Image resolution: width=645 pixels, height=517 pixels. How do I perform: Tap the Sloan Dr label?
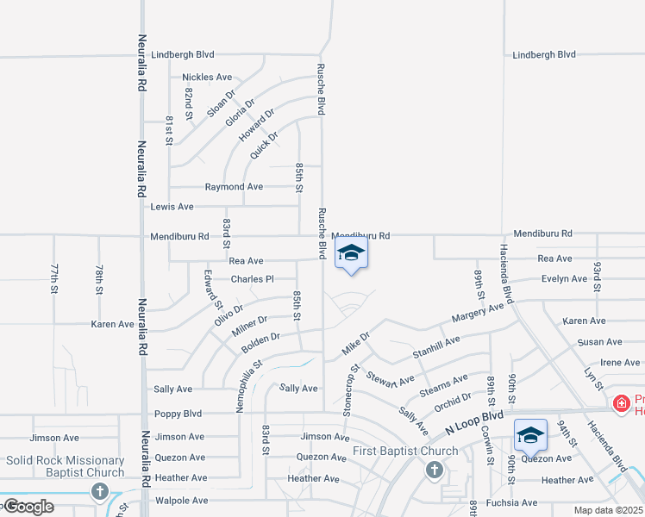point(221,103)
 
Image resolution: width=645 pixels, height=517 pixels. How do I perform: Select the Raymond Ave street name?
point(234,187)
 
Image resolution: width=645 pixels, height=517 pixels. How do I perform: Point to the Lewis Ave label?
point(172,207)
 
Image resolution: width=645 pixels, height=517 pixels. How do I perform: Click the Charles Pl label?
point(252,279)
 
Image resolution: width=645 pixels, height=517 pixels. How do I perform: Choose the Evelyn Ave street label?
point(564,279)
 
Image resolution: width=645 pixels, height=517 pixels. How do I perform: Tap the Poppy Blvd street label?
point(178,414)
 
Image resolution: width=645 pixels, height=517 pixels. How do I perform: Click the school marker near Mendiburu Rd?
point(351,254)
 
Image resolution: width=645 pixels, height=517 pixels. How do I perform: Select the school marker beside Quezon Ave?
point(529,435)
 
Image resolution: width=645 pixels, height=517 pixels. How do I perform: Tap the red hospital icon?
point(620,403)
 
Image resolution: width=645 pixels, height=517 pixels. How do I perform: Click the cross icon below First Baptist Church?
point(434,470)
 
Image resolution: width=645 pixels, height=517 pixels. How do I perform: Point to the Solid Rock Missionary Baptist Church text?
point(66,466)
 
